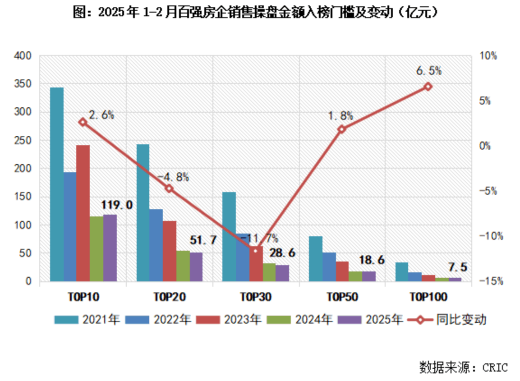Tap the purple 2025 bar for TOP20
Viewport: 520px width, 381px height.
(x=196, y=266)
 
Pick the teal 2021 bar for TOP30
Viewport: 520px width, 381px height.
(x=229, y=236)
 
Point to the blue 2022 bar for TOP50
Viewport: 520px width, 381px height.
(x=329, y=266)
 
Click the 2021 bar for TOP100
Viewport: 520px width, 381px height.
(x=401, y=271)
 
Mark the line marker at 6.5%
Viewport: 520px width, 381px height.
(x=428, y=87)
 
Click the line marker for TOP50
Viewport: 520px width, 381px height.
(x=341, y=129)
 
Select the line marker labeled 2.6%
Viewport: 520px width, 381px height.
(x=83, y=122)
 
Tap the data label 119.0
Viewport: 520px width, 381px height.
(x=117, y=206)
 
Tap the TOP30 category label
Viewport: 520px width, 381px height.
(x=255, y=297)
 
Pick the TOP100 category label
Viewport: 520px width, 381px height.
(x=428, y=297)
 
